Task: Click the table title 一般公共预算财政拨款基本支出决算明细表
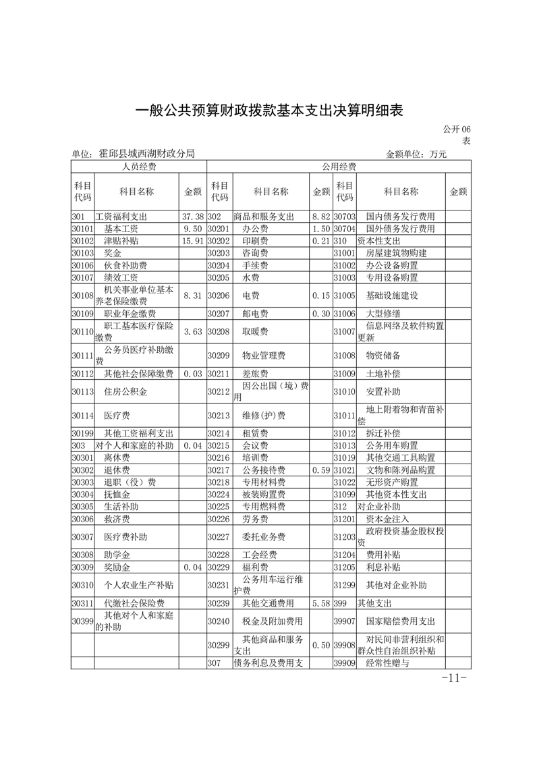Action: [269, 111]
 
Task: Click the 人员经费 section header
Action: [139, 167]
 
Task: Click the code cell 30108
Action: [82, 295]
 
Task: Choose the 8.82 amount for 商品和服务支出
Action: [320, 217]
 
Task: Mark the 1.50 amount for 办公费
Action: [320, 229]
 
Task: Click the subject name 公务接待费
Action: [264, 470]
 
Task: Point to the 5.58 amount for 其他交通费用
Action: [320, 603]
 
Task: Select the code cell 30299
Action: [219, 645]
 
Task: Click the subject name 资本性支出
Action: [378, 240]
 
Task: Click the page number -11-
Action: [453, 677]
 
